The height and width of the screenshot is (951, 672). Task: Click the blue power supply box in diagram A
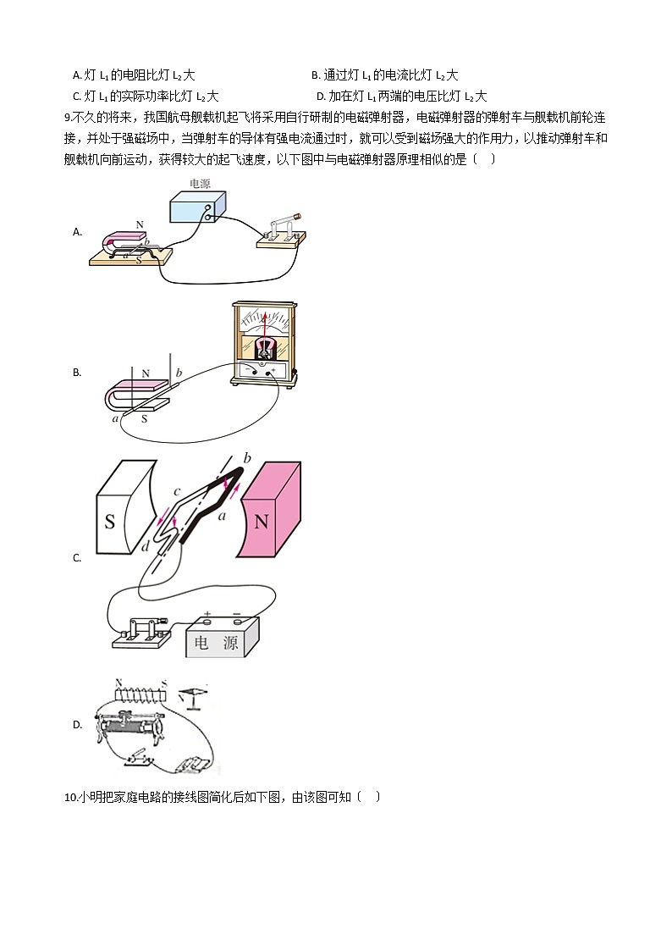197,207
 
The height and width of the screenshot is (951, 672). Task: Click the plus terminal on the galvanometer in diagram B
273,370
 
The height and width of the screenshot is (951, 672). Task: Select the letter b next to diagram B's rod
179,373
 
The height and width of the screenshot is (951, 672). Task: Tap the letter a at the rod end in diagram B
115,417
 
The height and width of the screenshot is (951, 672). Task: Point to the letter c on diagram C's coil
176,492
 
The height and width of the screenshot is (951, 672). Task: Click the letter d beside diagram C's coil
145,547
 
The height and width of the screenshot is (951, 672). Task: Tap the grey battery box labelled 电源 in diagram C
222,637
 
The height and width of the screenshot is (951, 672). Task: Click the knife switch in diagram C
141,633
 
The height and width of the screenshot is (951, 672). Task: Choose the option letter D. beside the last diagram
78,724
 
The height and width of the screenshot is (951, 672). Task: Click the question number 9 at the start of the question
68,117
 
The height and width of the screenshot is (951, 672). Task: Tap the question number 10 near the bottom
70,797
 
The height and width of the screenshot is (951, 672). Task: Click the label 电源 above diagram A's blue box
201,182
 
